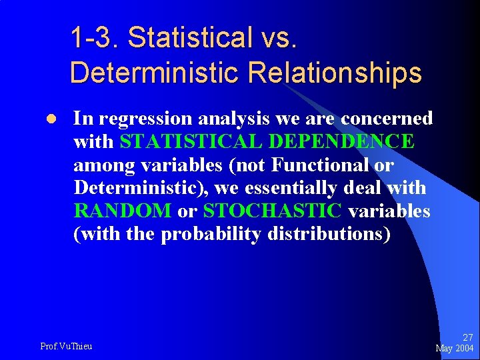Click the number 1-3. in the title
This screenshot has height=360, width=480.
coord(95,37)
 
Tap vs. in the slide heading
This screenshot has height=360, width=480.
coord(275,37)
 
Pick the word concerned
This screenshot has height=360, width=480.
coord(387,119)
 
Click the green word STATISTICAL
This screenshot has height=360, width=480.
coord(185,141)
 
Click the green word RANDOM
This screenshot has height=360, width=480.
coord(123,211)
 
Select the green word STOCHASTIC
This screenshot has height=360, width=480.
coord(273,211)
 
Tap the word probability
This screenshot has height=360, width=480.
coord(211,234)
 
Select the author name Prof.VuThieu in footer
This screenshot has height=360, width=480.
coord(67,345)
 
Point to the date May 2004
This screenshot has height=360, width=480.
coord(455,349)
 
